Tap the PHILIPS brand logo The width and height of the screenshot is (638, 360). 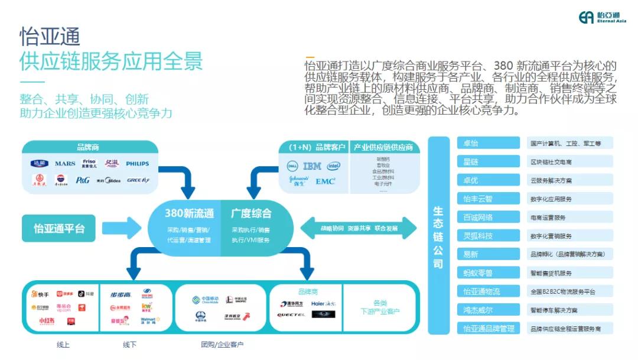coord(137,164)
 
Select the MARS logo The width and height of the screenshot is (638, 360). coord(65,164)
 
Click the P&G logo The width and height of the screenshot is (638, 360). coord(83,180)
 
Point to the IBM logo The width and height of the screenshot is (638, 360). coord(312,166)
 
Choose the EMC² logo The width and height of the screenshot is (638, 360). coord(325,181)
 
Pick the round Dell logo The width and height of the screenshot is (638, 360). coord(291,166)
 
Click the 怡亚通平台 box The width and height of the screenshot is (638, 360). coord(58,228)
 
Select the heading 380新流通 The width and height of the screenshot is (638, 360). coord(189,213)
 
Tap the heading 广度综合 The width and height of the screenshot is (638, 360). coord(251,213)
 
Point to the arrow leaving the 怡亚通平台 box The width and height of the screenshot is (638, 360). coord(121,228)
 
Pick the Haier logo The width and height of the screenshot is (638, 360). coord(324,303)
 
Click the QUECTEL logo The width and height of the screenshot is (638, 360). coord(291,314)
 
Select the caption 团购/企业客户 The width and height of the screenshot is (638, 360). coord(222,345)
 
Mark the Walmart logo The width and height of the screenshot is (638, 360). coord(148,322)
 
